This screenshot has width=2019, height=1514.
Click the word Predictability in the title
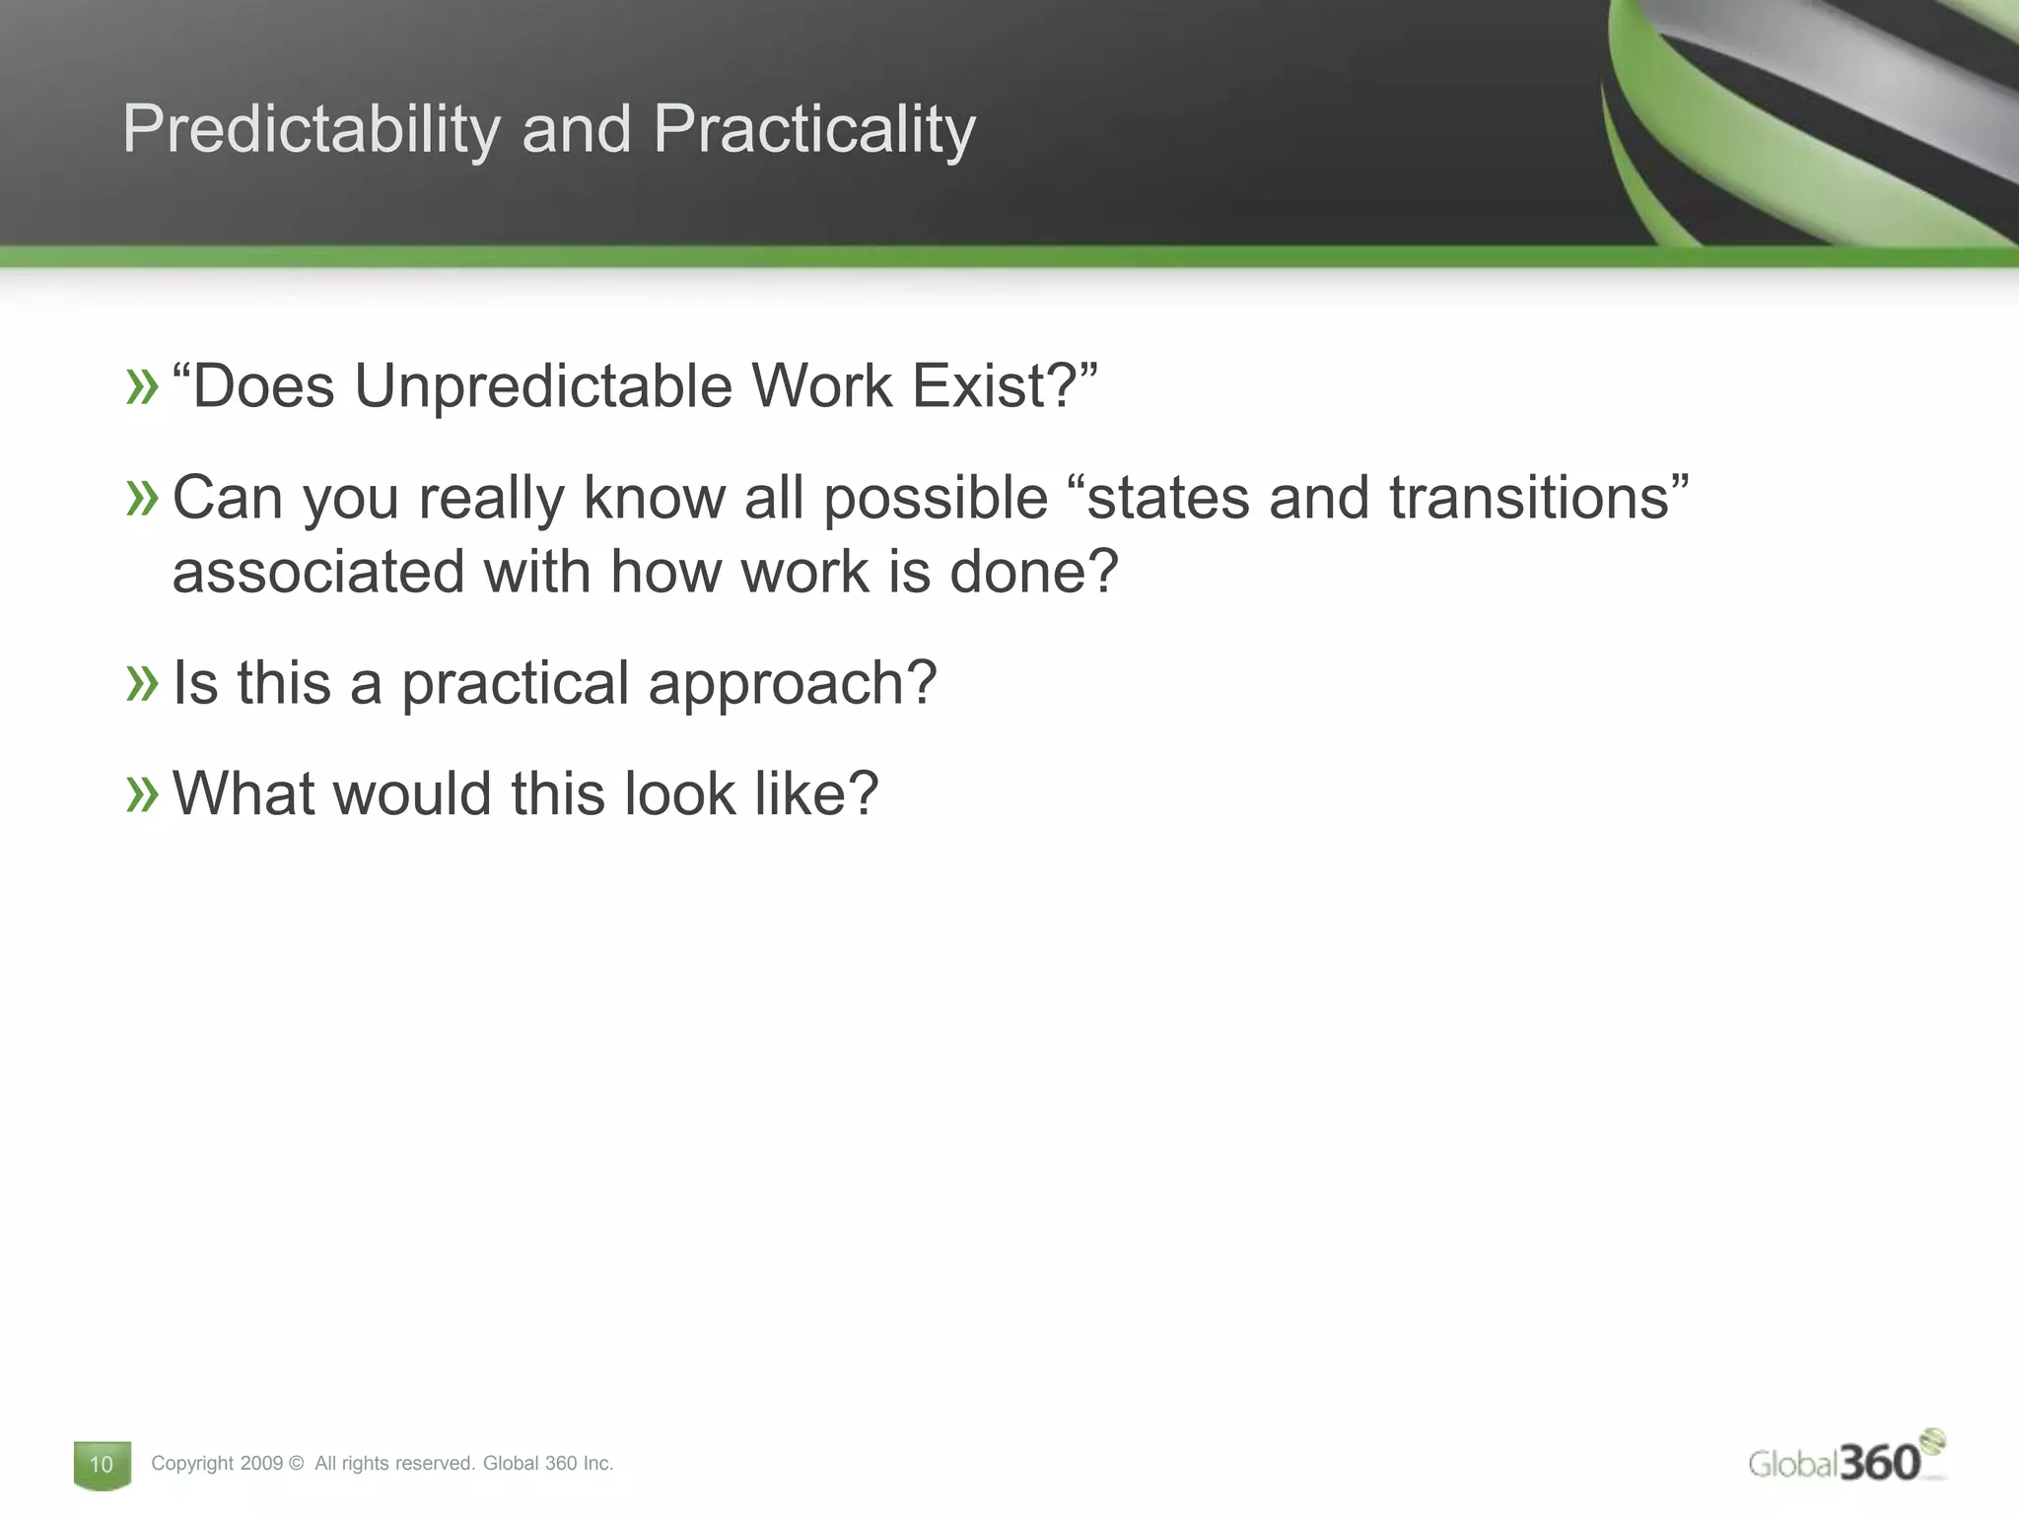pos(311,130)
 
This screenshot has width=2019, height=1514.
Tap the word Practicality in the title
pos(813,130)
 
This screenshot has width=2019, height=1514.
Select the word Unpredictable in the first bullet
pos(542,385)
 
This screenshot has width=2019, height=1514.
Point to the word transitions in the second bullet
pos(1529,497)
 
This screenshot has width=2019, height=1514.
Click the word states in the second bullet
pos(1167,499)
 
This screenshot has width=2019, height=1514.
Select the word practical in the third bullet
pos(515,684)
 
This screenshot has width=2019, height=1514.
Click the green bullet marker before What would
pos(142,794)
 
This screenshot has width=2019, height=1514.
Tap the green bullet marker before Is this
pos(142,683)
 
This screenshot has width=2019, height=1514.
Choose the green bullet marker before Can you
pos(142,498)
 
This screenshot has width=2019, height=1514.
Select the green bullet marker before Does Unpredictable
pos(142,386)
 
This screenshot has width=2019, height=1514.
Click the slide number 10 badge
pos(102,1465)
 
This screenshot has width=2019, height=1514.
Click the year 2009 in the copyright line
pos(260,1464)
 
